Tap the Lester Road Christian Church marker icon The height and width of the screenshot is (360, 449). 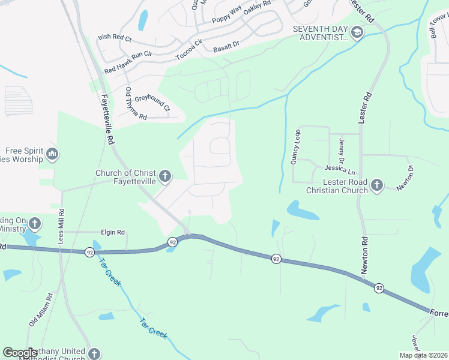(376, 184)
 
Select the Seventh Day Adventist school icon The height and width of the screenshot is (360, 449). (357, 32)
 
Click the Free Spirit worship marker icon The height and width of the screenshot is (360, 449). (52, 155)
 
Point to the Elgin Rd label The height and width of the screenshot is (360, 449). (112, 232)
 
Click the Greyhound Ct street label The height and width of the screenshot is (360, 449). (152, 103)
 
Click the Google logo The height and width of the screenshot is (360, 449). (20, 353)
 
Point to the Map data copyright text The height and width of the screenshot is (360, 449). (423, 355)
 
